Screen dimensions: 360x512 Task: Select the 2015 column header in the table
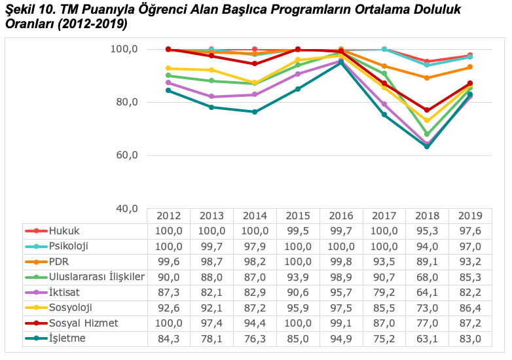[x=298, y=216]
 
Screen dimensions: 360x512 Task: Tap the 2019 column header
[x=471, y=216]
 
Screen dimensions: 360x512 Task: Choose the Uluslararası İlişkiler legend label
[x=96, y=277]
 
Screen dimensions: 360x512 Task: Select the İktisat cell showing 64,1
[x=428, y=293]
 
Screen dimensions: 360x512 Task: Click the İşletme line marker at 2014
[x=255, y=112]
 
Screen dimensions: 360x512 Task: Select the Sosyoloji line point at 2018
[x=427, y=120]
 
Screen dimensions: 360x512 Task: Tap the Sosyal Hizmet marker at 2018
[x=427, y=110]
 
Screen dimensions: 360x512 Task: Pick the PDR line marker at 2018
[x=427, y=78]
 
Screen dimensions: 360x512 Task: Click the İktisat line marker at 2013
[x=211, y=97]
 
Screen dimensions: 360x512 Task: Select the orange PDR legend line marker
[x=37, y=262]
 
